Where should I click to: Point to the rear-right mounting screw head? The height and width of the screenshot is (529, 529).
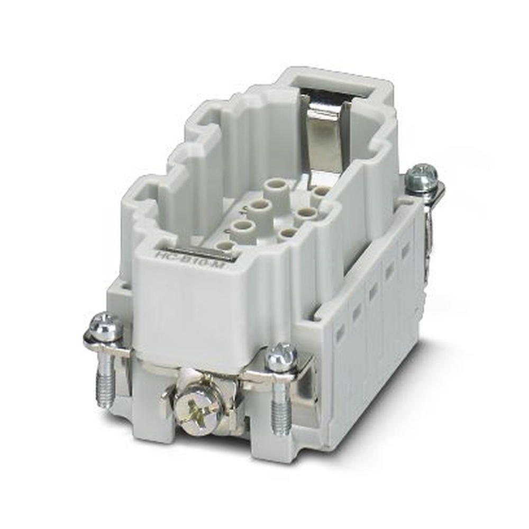(x=421, y=174)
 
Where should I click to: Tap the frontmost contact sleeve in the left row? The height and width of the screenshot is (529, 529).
(x=225, y=246)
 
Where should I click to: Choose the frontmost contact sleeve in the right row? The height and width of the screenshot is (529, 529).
(x=287, y=233)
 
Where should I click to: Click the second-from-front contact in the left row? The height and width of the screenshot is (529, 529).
(x=242, y=227)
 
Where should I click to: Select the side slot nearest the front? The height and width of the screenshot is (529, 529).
(x=340, y=330)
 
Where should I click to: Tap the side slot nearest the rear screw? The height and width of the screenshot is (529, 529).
(x=406, y=252)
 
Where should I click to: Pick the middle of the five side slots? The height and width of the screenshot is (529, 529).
(x=373, y=290)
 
